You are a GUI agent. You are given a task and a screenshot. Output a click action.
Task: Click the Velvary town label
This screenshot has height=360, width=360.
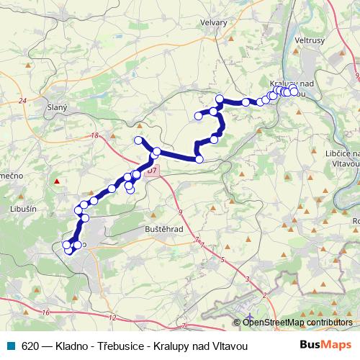tap(214, 22)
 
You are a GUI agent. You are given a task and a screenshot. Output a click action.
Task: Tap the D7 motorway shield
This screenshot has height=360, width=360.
tap(151, 171)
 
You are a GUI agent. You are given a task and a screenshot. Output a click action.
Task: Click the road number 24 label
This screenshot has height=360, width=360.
tap(22, 100)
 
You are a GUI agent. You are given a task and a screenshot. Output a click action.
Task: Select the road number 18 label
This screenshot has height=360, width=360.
tap(94, 135)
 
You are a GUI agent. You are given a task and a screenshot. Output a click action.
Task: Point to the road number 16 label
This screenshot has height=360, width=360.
tap(45, 312)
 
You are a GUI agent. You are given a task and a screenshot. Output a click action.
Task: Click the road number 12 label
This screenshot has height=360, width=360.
tap(112, 317)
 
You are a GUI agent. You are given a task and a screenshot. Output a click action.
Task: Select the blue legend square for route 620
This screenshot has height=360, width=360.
tap(9, 346)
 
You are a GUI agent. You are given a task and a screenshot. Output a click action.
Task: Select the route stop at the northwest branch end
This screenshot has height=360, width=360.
tap(139, 140)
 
